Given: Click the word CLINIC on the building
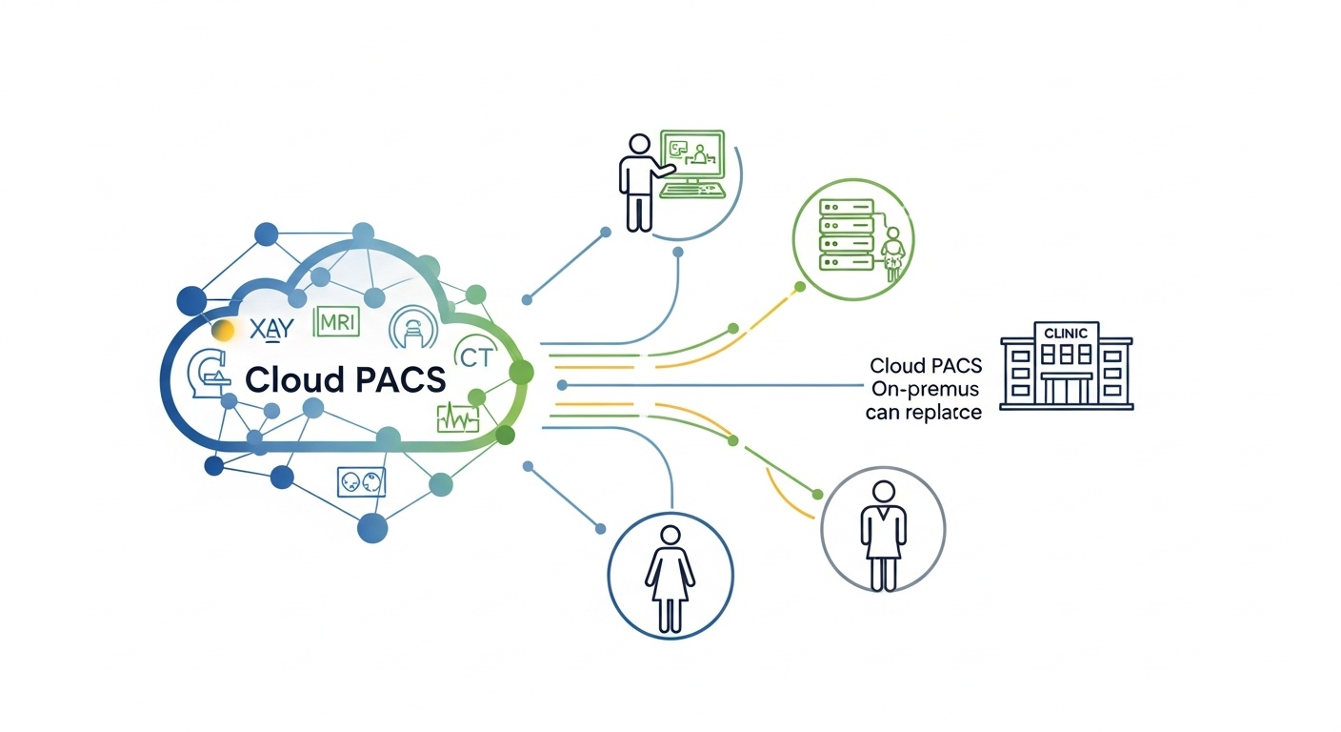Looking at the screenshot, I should coord(1066,334).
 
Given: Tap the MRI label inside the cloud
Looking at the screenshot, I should coord(336,322).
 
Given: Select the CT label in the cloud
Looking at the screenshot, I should coord(474,357).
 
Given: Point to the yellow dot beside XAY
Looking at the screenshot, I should coord(224,331).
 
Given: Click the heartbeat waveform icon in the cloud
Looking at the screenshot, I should coord(456,417).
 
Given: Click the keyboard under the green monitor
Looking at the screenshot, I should coord(692,190).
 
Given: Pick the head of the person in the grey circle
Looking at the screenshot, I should coord(883,492).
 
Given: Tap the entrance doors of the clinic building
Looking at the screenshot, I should coord(1066,390).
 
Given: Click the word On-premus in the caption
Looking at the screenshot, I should coord(922,390).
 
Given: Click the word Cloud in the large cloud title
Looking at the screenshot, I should coord(294,379).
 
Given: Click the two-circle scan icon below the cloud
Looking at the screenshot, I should coord(361,482).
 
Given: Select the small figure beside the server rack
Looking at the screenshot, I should coord(892,254).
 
